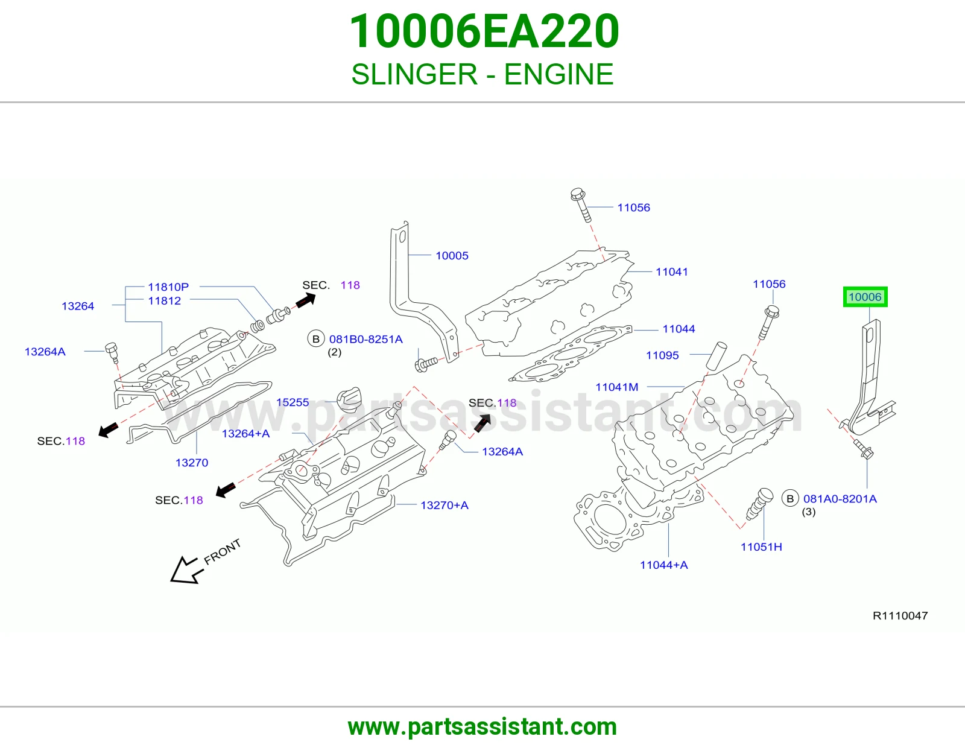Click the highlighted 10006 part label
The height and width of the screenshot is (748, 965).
(865, 297)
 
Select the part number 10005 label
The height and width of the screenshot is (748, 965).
(452, 255)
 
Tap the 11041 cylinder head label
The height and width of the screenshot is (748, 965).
(671, 271)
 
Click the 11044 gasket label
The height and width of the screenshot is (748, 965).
(679, 329)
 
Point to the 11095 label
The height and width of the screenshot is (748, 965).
(662, 355)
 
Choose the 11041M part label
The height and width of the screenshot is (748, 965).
(617, 387)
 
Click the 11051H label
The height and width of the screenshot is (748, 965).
(761, 547)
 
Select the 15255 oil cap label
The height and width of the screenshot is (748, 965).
(292, 402)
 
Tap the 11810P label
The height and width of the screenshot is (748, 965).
(168, 287)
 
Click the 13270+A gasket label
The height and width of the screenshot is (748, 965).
(444, 505)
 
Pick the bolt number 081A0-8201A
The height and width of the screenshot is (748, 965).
(840, 499)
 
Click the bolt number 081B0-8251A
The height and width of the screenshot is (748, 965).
(365, 340)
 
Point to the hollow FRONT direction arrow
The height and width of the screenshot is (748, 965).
(186, 571)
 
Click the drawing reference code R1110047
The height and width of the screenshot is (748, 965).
(900, 616)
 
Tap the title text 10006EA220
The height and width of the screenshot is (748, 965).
(484, 31)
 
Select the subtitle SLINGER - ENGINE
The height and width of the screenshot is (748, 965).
(482, 74)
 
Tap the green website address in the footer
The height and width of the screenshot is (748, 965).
(482, 727)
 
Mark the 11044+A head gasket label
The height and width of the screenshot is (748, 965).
(663, 565)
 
